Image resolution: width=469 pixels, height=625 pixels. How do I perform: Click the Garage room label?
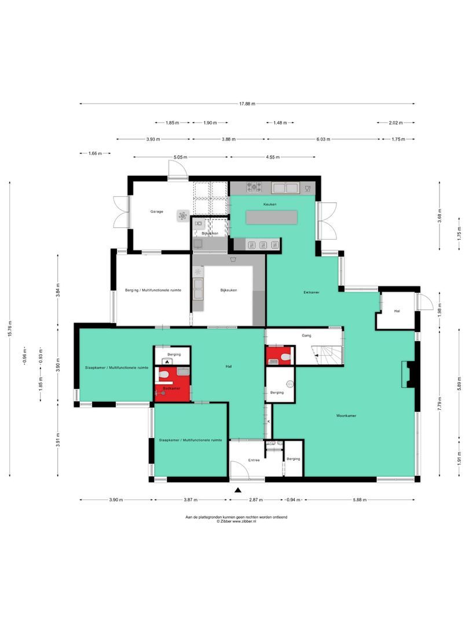click(157, 212)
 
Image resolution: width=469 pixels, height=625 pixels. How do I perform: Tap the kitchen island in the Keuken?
click(272, 217)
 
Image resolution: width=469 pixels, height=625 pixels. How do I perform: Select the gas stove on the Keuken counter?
click(254, 187)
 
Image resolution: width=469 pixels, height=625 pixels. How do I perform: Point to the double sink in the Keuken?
click(285, 187)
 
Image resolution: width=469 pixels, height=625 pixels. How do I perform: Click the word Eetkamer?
click(312, 292)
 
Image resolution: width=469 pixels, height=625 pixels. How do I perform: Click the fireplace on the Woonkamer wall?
click(409, 374)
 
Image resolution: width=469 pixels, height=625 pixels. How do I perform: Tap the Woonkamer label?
click(346, 416)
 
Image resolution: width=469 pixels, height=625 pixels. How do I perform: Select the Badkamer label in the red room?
click(171, 388)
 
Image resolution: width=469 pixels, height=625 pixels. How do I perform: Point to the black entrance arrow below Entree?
click(237, 490)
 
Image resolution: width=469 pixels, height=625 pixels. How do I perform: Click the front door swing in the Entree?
click(239, 470)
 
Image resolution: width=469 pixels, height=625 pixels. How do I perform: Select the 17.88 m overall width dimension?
click(247, 104)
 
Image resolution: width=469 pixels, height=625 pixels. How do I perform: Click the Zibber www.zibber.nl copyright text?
click(236, 521)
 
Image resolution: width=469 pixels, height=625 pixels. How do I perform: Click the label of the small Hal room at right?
click(397, 311)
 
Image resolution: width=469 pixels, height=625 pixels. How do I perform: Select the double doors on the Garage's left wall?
click(121, 213)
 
